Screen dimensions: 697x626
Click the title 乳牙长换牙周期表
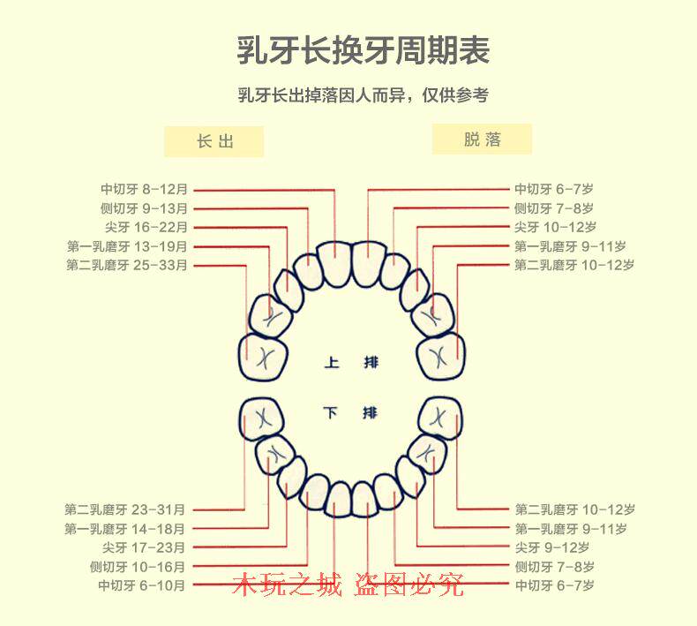coord(363,49)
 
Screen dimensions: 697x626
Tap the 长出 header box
coord(214,141)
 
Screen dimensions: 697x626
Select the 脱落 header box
coord(482,140)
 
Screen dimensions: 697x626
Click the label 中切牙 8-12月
coord(144,189)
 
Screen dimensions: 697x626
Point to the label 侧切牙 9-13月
coord(144,208)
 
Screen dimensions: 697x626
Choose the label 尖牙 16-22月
coord(146,228)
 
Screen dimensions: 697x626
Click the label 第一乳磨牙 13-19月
coord(127,246)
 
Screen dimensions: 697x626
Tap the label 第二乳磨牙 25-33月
coord(127,265)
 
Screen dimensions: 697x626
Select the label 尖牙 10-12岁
coord(555,228)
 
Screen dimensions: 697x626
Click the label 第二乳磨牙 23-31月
coord(125,509)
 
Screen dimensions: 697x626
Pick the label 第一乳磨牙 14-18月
coord(125,529)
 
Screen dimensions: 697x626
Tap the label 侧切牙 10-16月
coord(138,567)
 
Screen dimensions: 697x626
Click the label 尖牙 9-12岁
coord(551,547)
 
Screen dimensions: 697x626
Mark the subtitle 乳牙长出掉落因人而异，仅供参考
coord(363,95)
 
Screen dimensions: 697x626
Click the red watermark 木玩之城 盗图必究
coord(348,585)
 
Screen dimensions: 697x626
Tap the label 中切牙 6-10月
coord(141,585)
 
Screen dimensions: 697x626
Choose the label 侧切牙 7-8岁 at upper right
coord(554,208)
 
